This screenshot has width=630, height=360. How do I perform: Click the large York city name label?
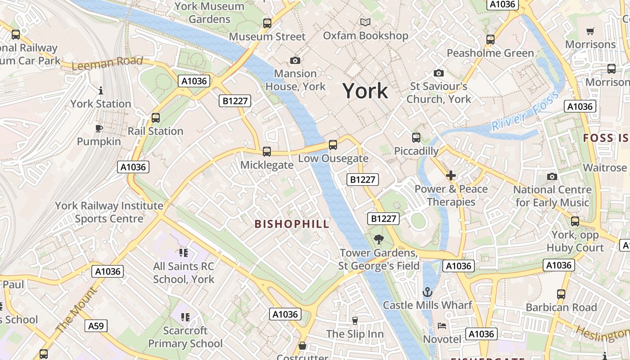coord(365,91)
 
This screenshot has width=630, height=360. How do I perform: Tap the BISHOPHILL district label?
coord(292,224)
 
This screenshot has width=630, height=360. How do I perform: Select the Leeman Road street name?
coord(107,63)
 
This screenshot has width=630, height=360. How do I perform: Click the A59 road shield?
coord(96,326)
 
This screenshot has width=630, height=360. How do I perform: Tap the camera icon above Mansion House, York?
coord(295,60)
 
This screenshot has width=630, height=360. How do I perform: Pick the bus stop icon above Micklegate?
coord(267,152)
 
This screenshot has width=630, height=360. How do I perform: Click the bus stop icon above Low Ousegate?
coord(333,145)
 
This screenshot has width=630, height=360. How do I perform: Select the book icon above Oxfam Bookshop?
coord(365,22)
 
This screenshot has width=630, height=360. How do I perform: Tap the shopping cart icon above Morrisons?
coord(590,31)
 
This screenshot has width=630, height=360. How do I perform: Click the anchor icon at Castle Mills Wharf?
coord(427,292)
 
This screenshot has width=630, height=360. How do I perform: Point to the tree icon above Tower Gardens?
coord(379,239)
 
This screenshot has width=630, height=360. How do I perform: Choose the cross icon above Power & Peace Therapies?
coord(451,175)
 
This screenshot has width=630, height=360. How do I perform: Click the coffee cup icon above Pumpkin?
coord(99,129)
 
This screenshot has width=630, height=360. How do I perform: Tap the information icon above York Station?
coord(100,91)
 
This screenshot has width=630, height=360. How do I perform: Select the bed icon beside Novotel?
coord(442,326)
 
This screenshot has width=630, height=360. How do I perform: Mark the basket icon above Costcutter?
coord(302,346)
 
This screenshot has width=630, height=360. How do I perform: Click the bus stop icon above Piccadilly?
coord(416,138)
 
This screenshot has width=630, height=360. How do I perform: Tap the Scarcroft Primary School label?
coord(185,337)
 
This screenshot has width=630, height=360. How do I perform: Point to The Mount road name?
coord(76,310)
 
